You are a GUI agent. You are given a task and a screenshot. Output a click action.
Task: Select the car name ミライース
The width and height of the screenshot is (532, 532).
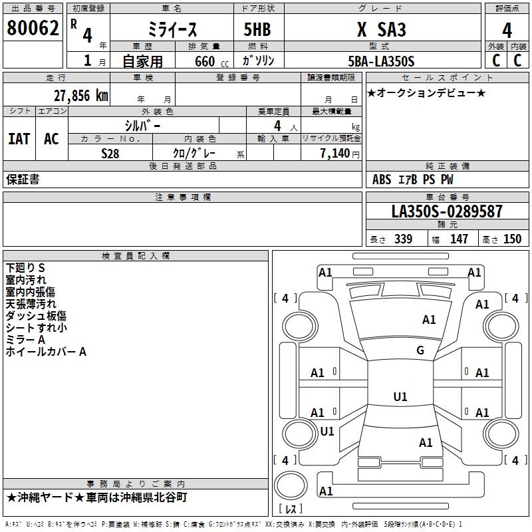(171, 30)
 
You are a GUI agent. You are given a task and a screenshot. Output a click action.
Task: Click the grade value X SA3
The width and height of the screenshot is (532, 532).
(381, 30)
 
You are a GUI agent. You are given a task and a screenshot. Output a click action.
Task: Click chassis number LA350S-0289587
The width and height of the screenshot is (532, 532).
(446, 212)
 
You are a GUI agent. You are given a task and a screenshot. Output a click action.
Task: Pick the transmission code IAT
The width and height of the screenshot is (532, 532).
(19, 139)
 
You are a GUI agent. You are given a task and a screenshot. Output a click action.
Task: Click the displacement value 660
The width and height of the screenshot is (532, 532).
(205, 62)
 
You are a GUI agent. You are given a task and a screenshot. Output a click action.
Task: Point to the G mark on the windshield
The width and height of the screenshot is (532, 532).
(420, 350)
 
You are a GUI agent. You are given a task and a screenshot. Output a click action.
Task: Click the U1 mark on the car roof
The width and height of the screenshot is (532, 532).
(400, 397)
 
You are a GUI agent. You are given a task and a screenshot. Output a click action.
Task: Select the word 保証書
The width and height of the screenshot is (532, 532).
(23, 179)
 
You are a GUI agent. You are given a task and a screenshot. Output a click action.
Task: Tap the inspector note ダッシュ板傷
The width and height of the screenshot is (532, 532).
(36, 315)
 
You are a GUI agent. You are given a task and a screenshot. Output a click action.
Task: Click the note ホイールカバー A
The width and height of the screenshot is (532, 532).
(46, 351)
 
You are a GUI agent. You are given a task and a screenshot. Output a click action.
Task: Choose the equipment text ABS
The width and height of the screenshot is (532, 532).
(382, 180)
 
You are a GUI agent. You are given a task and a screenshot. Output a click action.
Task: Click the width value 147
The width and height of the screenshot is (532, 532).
(459, 239)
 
